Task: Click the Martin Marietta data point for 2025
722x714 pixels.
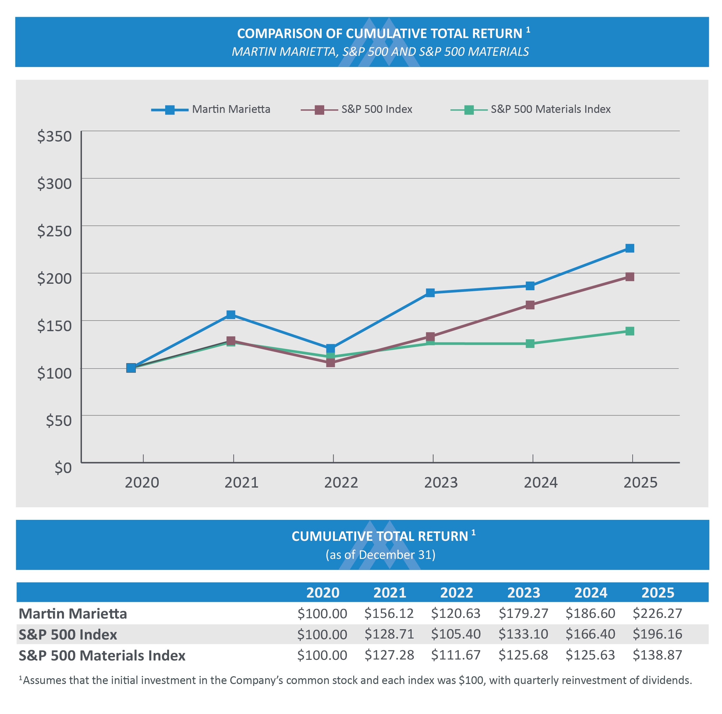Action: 630,248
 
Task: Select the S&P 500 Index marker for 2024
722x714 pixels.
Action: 530,305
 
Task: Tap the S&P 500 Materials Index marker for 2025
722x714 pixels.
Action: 630,331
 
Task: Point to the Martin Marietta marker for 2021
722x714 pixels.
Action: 231,315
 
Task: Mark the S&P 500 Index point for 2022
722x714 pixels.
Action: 330,363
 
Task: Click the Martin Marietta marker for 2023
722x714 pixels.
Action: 430,293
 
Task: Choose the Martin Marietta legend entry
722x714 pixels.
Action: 211,109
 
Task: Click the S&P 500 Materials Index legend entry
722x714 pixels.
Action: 530,109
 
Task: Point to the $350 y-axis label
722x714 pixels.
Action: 55,136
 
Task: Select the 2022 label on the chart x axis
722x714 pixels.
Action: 341,483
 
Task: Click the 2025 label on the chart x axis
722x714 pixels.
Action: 640,483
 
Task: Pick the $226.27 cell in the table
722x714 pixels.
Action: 657,613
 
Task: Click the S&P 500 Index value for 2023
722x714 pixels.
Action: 523,634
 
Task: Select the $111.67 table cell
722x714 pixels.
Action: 456,655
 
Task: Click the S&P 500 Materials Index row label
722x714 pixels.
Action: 102,656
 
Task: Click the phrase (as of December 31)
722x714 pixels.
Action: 380,555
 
